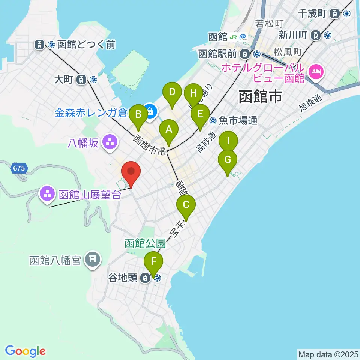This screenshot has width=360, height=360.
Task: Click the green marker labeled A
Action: pyautogui.click(x=169, y=130)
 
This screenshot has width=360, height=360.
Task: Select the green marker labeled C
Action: pyautogui.click(x=186, y=205)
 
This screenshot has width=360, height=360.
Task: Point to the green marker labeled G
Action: pyautogui.click(x=228, y=160)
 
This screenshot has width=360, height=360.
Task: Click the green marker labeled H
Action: pyautogui.click(x=193, y=93)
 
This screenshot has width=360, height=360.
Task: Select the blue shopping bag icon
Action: pyautogui.click(x=150, y=111)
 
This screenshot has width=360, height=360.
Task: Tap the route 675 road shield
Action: pyautogui.click(x=19, y=168)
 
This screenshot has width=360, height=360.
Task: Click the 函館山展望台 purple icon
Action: pyautogui.click(x=47, y=194)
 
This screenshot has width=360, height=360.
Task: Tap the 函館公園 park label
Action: pyautogui.click(x=145, y=243)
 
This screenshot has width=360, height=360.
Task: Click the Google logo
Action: pyautogui.click(x=25, y=351)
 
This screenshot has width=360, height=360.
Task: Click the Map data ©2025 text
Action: pyautogui.click(x=328, y=354)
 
